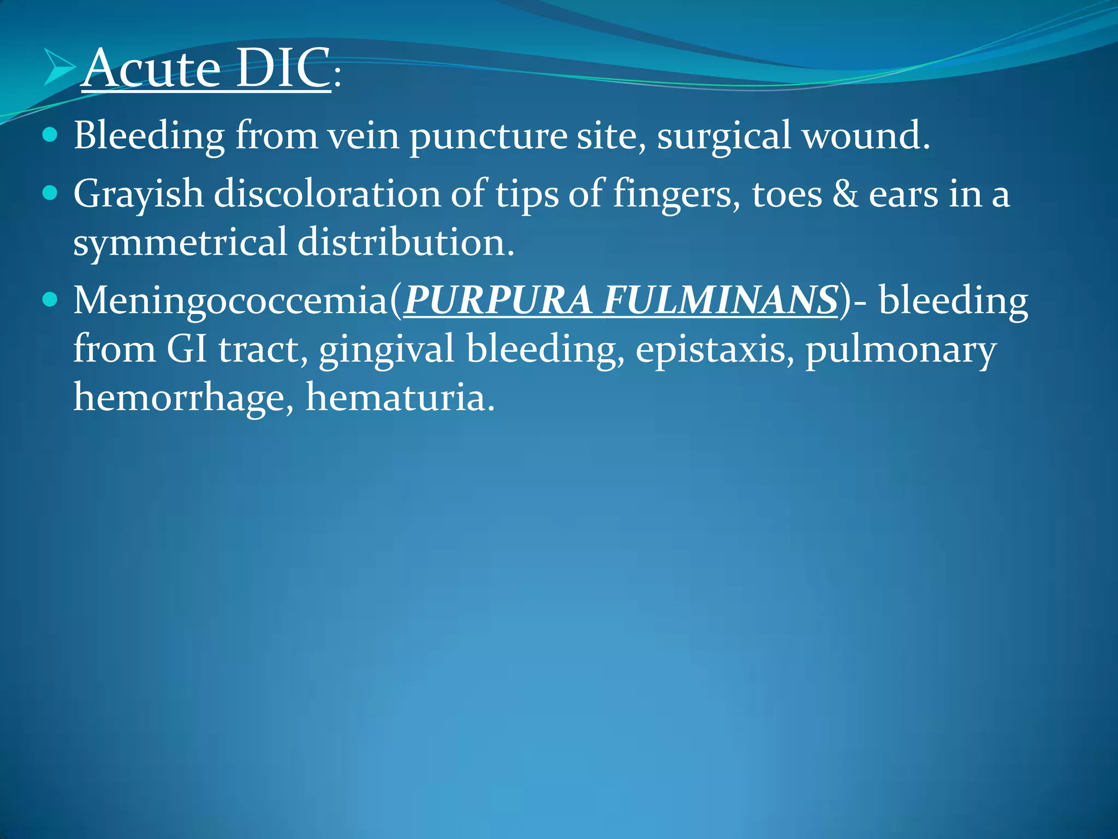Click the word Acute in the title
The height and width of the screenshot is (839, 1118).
(x=152, y=68)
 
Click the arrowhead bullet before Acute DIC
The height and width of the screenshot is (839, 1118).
(x=59, y=68)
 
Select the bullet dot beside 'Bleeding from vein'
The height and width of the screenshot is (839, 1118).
(x=50, y=135)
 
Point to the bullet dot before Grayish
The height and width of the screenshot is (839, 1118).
(x=50, y=193)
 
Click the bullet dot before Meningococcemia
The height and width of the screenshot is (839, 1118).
(x=50, y=300)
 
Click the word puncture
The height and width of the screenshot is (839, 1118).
(x=488, y=137)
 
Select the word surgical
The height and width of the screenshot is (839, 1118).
(x=723, y=137)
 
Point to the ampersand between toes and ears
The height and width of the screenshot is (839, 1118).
(x=845, y=194)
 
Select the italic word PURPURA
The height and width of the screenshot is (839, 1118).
(x=497, y=300)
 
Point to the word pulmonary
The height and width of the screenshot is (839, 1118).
(x=901, y=350)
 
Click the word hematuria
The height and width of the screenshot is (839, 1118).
(x=400, y=397)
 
